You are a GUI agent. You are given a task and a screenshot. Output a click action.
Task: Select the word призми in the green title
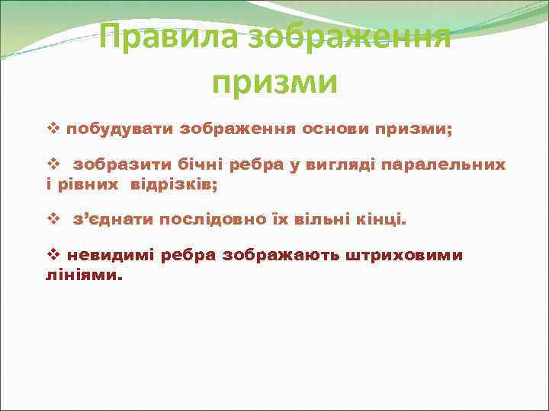(x=274, y=81)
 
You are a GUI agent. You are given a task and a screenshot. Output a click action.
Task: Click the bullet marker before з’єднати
(x=53, y=220)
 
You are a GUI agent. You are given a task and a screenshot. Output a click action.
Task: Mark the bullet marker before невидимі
(x=53, y=255)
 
